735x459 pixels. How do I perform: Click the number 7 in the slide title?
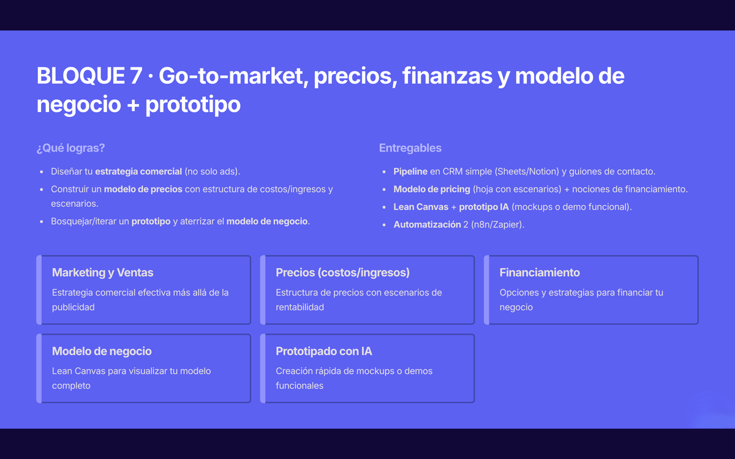(135, 76)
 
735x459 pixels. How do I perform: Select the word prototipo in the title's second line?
(193, 105)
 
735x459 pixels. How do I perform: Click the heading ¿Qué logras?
(70, 148)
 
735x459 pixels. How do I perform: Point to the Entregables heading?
(410, 148)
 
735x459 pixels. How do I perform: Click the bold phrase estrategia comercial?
(138, 171)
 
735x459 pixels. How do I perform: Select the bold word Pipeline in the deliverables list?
(410, 171)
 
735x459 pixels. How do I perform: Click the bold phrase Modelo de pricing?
(432, 189)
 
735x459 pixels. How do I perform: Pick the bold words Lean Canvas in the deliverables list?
(421, 207)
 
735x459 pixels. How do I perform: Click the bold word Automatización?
(428, 225)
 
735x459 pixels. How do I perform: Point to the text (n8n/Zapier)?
(498, 225)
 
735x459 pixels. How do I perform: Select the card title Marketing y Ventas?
(103, 272)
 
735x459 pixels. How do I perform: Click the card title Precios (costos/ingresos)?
(342, 272)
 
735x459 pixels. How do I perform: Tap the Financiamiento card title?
(540, 272)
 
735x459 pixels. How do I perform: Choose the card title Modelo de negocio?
(102, 351)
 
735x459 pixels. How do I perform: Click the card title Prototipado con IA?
(324, 351)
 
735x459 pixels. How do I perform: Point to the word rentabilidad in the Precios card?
(300, 307)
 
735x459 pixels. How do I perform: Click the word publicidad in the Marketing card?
(73, 307)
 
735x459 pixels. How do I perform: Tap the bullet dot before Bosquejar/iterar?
(42, 222)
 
